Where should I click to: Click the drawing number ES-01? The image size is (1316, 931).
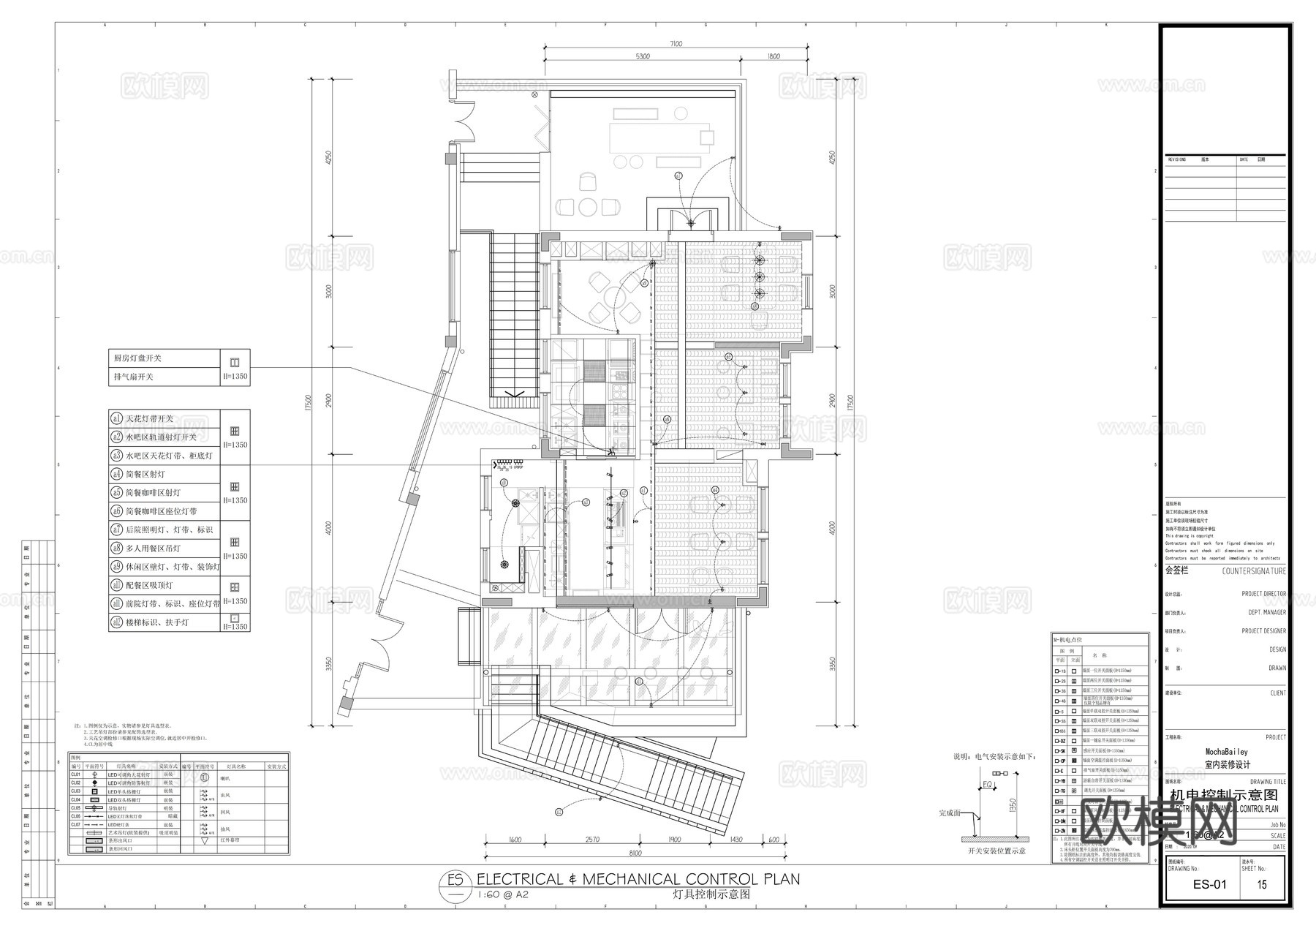1209,884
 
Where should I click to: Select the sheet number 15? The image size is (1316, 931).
1262,884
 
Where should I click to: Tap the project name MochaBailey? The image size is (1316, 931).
1226,752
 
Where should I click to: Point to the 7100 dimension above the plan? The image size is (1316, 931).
674,44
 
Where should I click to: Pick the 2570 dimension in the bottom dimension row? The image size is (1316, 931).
593,840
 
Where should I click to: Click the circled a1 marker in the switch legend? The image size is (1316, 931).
116,419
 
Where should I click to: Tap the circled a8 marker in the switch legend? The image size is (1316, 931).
116,548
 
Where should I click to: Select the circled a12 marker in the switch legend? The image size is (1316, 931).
116,622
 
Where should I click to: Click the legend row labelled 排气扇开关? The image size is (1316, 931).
133,377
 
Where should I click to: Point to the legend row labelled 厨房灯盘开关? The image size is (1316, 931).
137,358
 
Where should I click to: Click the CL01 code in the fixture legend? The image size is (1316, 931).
75,774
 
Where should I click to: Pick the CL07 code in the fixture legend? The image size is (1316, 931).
75,825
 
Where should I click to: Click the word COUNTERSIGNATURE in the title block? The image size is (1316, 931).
1254,571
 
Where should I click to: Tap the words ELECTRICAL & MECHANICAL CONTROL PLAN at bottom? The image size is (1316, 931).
638,879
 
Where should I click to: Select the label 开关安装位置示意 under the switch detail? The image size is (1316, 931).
997,851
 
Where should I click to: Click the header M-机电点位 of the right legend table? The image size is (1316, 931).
1070,640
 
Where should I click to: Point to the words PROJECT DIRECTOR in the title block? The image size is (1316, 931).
1263,595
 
